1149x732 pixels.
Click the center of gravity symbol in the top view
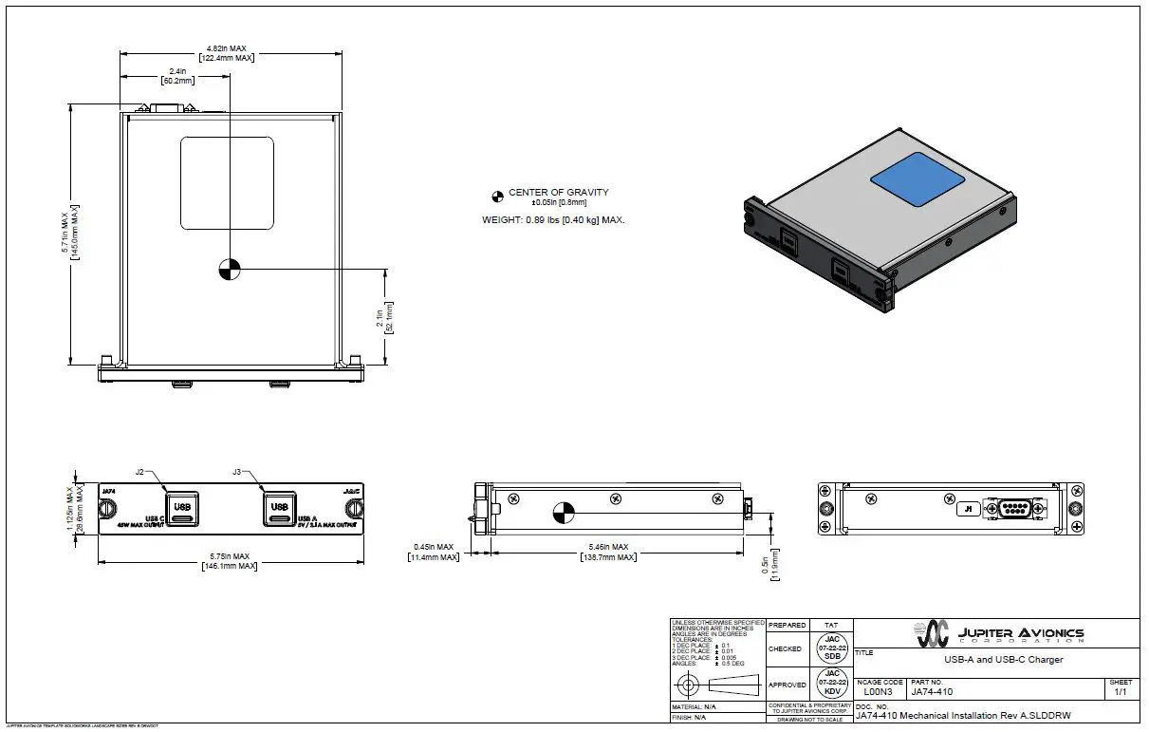click(x=229, y=269)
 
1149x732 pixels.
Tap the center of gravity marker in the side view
click(x=563, y=513)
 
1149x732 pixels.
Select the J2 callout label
click(x=139, y=471)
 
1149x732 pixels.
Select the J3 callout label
click(x=237, y=471)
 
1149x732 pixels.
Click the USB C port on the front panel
click(x=182, y=507)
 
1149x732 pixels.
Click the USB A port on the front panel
click(x=279, y=507)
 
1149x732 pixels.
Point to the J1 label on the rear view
click(x=969, y=509)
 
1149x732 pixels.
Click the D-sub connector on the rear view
click(x=1014, y=508)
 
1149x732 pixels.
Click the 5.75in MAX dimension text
click(x=228, y=556)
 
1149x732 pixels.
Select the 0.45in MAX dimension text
click(x=436, y=548)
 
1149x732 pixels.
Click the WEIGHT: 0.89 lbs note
click(x=553, y=219)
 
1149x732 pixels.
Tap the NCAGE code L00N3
click(x=878, y=692)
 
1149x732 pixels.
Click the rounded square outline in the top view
click(x=227, y=183)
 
